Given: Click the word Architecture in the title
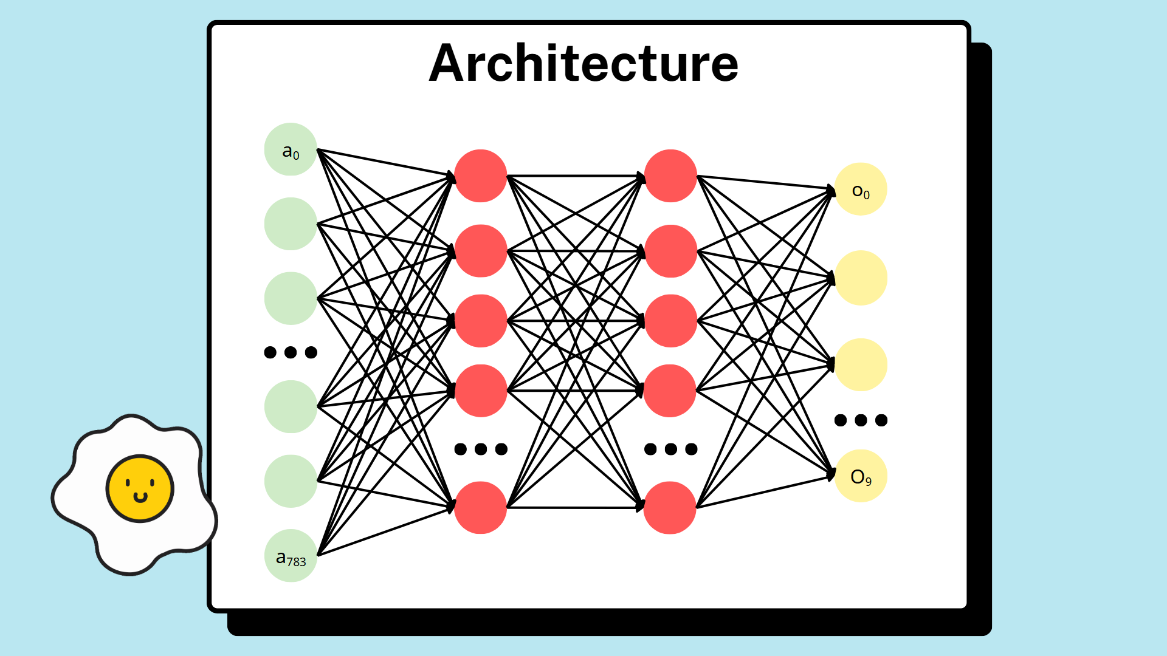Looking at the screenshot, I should [583, 64].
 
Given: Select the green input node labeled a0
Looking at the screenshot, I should [291, 149].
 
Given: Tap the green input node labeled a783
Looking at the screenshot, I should [291, 556].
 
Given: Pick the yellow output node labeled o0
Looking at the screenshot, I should [861, 189].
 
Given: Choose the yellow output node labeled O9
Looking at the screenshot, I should [861, 476].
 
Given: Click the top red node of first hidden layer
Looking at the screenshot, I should [480, 176].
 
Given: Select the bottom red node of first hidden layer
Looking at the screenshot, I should [480, 508].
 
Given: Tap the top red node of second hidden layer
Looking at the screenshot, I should [670, 176].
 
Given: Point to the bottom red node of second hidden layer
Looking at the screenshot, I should [670, 508].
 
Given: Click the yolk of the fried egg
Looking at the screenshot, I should [140, 488].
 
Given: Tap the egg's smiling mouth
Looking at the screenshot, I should [140, 498].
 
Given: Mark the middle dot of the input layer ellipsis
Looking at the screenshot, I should [291, 352].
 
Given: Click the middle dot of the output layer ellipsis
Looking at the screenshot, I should [861, 420].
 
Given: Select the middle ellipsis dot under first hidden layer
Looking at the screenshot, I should [481, 449].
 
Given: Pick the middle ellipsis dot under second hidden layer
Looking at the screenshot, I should [671, 449].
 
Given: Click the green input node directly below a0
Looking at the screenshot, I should [291, 224].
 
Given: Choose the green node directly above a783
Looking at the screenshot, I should [291, 481].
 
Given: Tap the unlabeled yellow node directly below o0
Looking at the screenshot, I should [861, 278].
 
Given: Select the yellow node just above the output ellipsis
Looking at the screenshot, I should [861, 364].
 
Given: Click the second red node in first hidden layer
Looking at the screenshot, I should [480, 251].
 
